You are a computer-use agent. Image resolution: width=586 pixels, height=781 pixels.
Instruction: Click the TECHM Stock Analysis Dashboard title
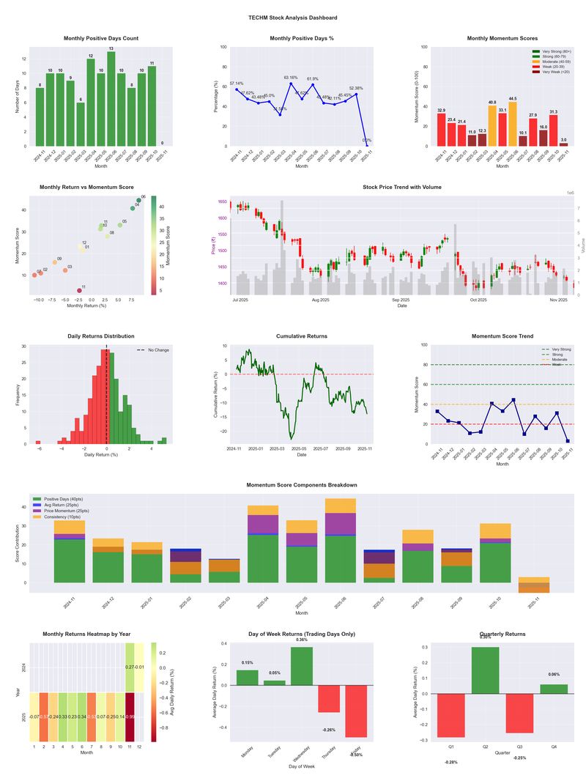coord(292,18)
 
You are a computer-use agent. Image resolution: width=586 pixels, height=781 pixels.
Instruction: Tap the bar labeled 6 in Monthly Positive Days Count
coord(81,124)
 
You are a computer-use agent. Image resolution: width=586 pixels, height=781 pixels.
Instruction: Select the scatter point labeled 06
coord(138,200)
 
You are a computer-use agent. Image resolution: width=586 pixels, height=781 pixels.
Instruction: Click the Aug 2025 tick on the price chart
coord(320,300)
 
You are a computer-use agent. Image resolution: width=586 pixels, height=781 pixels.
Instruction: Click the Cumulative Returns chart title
coord(302,336)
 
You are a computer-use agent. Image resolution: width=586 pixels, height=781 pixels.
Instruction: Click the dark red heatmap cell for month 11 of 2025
coord(130,717)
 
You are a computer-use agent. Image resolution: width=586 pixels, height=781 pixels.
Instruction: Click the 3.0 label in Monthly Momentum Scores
coord(563,139)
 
